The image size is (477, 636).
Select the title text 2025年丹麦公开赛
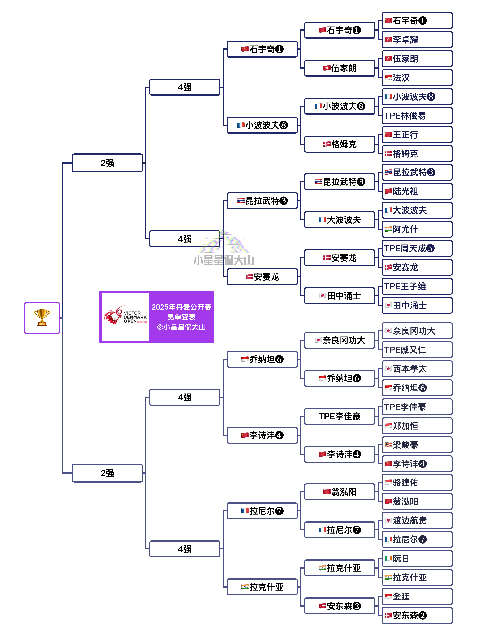tap(181, 307)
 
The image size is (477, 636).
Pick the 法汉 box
tap(417, 78)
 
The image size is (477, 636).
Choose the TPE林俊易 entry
tap(417, 116)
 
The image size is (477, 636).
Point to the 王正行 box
tap(417, 135)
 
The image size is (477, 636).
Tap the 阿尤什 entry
tap(417, 229)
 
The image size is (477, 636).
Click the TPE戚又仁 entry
tap(417, 350)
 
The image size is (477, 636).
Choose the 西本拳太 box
tap(417, 369)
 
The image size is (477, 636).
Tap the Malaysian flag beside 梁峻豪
tap(388, 445)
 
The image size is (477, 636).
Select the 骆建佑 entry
tap(417, 482)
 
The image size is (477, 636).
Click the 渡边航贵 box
tap(417, 520)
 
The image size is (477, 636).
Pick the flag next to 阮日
tap(388, 558)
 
